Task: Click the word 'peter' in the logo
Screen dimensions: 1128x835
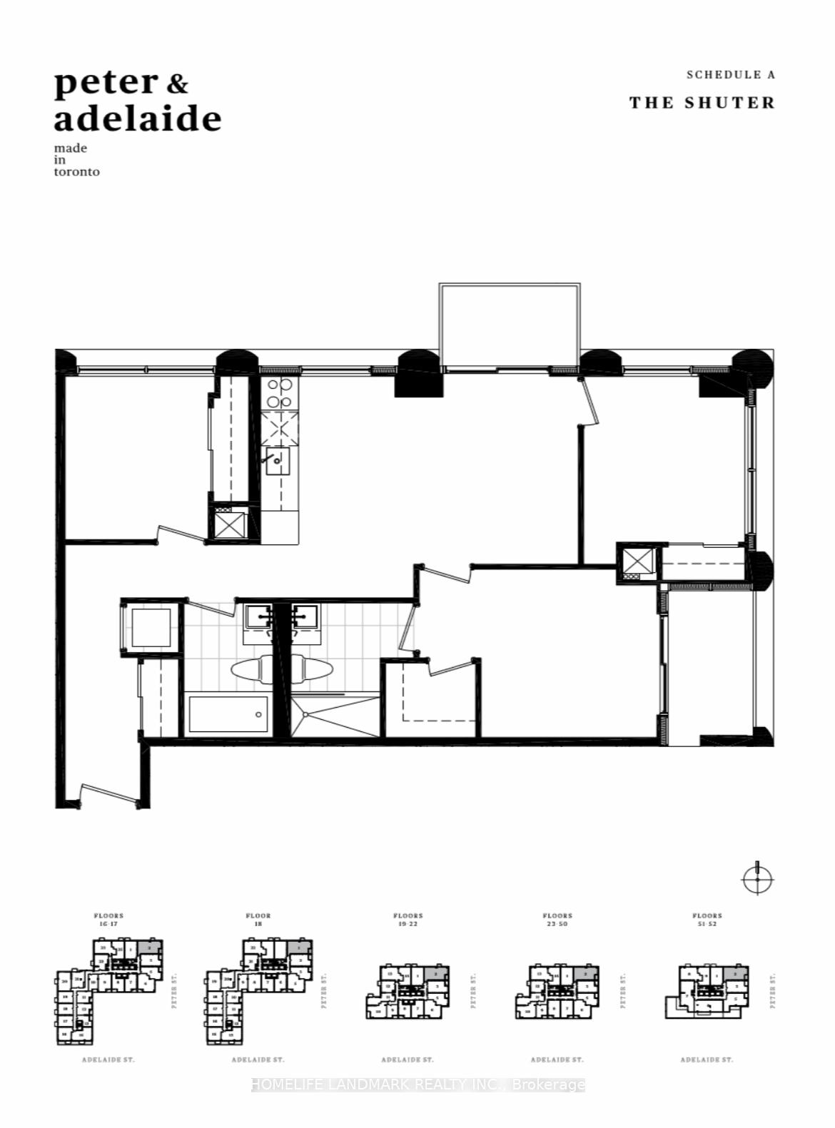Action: click(x=106, y=83)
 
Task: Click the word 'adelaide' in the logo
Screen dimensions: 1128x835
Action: click(x=137, y=118)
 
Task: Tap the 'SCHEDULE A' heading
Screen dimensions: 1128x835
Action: click(x=730, y=74)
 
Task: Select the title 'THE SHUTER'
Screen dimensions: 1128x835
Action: click(x=702, y=103)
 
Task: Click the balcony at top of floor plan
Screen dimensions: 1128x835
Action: click(x=510, y=325)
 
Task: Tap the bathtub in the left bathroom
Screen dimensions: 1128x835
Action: click(x=228, y=714)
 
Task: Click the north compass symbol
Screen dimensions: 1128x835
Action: click(x=757, y=879)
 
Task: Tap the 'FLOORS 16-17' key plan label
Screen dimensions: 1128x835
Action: click(x=108, y=919)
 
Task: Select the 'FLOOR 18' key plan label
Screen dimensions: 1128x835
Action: click(x=258, y=919)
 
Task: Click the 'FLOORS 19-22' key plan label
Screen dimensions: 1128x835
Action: click(x=408, y=919)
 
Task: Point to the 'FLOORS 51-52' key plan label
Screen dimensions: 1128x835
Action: click(x=707, y=919)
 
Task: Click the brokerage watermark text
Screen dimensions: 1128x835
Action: click(x=418, y=1084)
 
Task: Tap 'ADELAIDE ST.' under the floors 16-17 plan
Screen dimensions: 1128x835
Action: click(x=108, y=1060)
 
